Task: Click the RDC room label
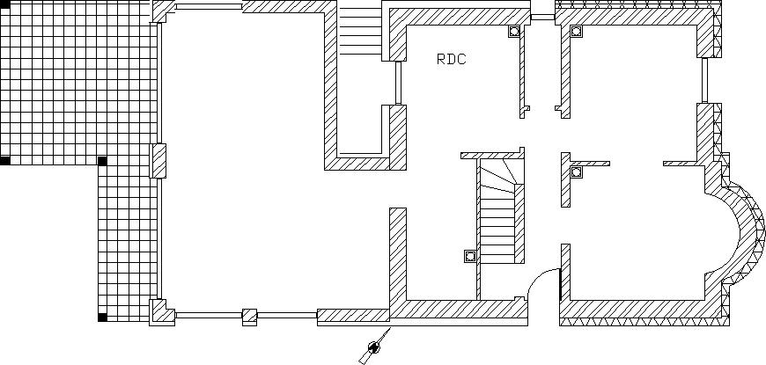(x=451, y=60)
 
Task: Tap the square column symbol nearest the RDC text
(x=512, y=32)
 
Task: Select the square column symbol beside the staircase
(x=469, y=257)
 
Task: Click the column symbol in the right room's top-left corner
(x=576, y=32)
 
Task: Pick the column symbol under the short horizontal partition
(x=576, y=172)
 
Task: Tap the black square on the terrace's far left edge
(x=5, y=161)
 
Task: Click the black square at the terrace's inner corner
(x=102, y=161)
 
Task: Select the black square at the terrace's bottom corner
(x=102, y=317)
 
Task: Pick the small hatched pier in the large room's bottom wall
(x=249, y=314)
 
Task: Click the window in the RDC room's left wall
(x=398, y=83)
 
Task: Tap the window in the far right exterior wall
(x=705, y=81)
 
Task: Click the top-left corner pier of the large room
(x=162, y=11)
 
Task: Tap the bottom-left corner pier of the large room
(x=160, y=312)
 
